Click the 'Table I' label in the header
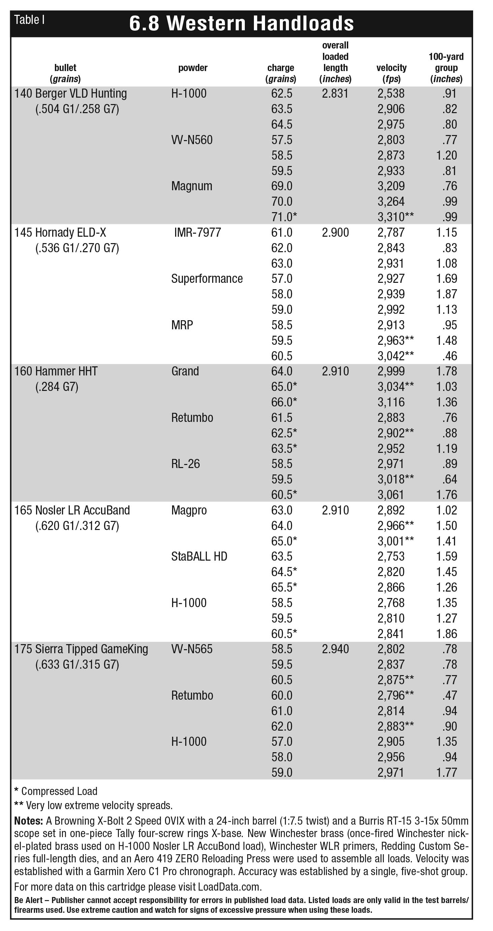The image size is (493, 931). [x=29, y=20]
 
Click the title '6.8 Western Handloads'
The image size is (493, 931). [x=241, y=24]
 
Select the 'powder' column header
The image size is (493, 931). [x=193, y=68]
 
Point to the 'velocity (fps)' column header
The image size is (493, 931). [x=391, y=73]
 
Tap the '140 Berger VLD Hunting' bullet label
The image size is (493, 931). [x=70, y=94]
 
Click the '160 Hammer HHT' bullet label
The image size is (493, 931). [x=56, y=371]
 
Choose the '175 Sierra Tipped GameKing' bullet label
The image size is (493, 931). [x=81, y=649]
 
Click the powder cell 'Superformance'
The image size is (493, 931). [x=207, y=279]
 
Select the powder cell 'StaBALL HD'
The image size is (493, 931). [x=199, y=557]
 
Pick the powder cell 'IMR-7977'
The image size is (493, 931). [x=197, y=232]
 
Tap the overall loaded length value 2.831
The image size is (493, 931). [x=335, y=94]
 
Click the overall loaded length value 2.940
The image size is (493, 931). [x=335, y=649]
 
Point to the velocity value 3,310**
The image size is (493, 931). [x=395, y=217]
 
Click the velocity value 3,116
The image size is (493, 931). [x=391, y=402]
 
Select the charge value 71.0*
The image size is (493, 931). [x=284, y=217]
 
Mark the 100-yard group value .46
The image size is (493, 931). [x=449, y=356]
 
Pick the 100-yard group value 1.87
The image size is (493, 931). [x=447, y=294]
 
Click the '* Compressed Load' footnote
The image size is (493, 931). [x=56, y=791]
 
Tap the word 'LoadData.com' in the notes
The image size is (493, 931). [x=229, y=887]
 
